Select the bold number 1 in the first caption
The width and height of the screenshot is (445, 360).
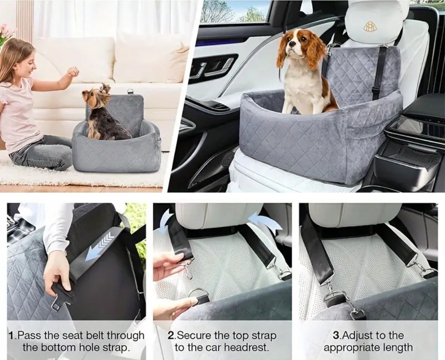coord(12,336)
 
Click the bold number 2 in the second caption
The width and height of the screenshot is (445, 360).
coord(171,336)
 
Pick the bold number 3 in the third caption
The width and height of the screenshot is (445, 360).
coord(336,336)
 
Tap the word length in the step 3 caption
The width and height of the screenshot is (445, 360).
coord(398,348)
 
